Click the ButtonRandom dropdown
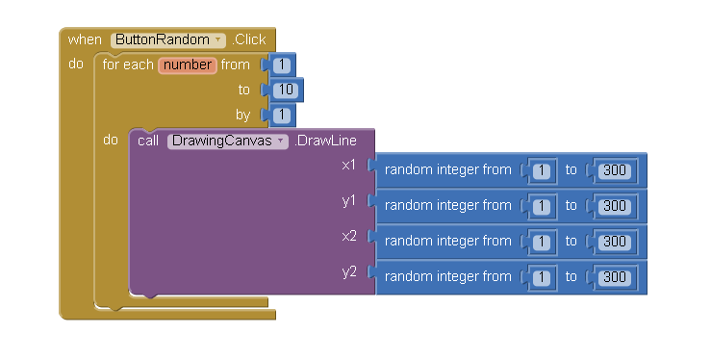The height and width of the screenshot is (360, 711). pos(167,39)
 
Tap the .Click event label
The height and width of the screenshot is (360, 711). pos(249,39)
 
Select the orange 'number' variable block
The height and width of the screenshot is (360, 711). pos(188,65)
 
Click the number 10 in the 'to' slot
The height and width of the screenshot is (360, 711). pos(286,90)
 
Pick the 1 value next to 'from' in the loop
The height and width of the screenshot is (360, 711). pos(282,64)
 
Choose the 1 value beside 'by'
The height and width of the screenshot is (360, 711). pos(282,115)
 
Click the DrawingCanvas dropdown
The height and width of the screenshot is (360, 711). pos(228,141)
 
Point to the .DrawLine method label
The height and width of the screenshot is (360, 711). pos(325,141)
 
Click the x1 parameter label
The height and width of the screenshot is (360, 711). pos(348,165)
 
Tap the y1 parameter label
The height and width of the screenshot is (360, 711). pos(348,201)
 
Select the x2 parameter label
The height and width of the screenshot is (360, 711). pos(348,236)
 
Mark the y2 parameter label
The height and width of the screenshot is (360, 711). pos(349,272)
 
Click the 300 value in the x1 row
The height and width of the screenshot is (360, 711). pos(615,170)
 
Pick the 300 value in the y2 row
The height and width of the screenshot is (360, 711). pos(615,277)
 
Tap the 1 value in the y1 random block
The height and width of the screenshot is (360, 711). pos(541,206)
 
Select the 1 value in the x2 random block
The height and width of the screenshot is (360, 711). pos(541,242)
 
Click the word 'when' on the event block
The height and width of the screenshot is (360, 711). pos(85,39)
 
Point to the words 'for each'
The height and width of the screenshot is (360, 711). pos(128,64)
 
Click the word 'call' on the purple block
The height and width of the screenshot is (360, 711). pos(148,141)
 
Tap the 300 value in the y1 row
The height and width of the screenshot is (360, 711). pos(615,206)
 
